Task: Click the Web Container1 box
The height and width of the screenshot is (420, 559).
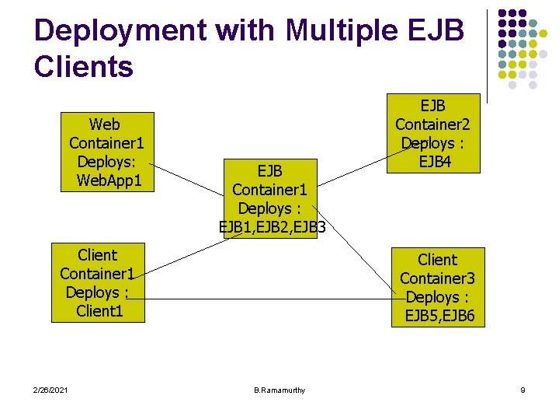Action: (106, 152)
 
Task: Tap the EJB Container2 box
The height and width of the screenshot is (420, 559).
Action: (432, 133)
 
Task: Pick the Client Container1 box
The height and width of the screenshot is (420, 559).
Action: (99, 282)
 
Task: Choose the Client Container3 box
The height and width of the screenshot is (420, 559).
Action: (438, 287)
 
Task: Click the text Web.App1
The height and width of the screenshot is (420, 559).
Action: (109, 181)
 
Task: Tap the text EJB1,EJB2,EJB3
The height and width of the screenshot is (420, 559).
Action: (272, 227)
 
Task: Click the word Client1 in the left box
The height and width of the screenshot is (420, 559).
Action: (99, 311)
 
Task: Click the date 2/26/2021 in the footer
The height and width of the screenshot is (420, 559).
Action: (50, 390)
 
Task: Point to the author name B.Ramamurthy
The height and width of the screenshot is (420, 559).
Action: (279, 390)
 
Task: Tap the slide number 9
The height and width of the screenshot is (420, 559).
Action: (523, 390)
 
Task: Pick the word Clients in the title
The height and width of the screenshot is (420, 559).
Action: (84, 67)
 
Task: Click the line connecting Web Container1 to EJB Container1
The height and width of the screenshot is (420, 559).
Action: (187, 179)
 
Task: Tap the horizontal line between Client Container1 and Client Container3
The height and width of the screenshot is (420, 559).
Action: (264, 299)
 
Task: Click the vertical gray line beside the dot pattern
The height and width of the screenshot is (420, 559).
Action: (487, 54)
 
